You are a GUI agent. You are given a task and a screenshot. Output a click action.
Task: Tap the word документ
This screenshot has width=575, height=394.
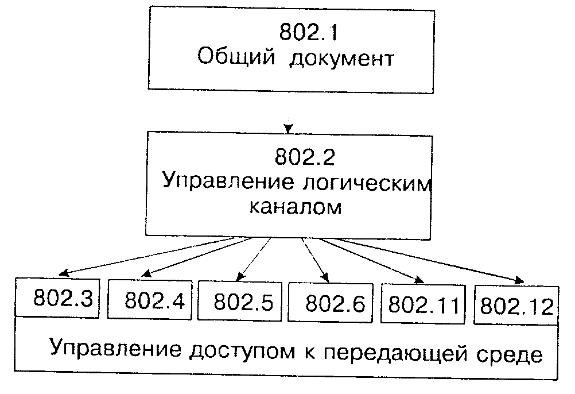pos(342,59)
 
